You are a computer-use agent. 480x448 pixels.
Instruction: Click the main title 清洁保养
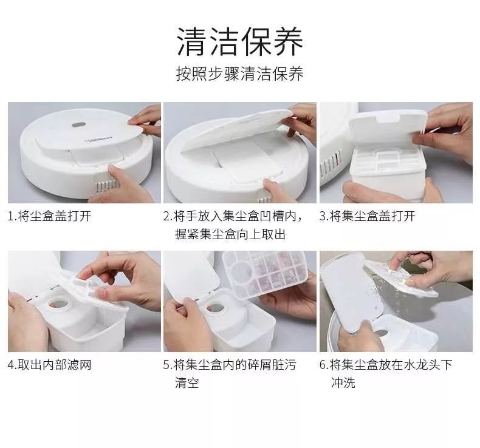point(240,41)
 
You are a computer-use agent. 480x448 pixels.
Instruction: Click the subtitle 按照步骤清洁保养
point(240,73)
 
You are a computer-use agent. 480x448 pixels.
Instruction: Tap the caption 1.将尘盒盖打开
point(50,216)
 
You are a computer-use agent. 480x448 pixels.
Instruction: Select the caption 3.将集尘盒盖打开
point(368,216)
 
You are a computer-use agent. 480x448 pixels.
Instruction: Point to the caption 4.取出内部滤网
point(50,364)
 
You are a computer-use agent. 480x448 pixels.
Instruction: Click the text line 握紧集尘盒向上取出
point(230,234)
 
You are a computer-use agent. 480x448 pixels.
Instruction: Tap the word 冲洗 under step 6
point(343,382)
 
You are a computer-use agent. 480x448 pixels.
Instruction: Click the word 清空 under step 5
point(187,382)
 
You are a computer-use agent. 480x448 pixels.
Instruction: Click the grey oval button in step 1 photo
point(78,125)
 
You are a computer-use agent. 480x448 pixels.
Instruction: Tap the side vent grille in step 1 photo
point(106,185)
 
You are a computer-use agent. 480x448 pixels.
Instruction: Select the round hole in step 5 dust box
point(218,308)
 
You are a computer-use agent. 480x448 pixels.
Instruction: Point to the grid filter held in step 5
point(265,274)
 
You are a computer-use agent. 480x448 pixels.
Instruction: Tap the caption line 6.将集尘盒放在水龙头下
point(386,364)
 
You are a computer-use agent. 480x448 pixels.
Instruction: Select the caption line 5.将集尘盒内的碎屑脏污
point(230,364)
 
